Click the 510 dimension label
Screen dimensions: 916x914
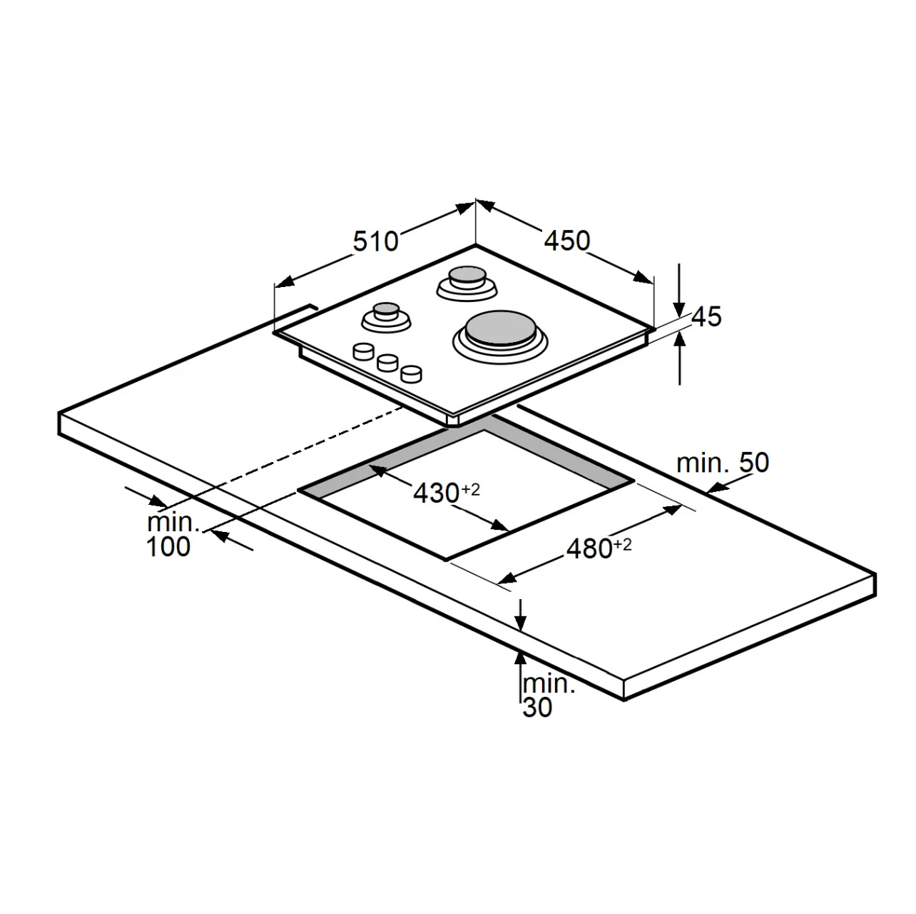[x=375, y=241]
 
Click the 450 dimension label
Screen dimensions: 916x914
[x=566, y=241]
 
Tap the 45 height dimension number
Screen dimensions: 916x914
[x=706, y=316]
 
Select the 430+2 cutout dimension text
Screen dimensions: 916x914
[x=447, y=493]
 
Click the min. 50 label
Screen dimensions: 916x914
[x=723, y=463]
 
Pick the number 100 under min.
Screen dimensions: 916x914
[x=169, y=547]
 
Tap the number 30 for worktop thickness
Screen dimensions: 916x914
[x=537, y=708]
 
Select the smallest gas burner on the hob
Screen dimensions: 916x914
[x=386, y=317]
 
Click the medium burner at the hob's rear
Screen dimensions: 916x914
[x=467, y=283]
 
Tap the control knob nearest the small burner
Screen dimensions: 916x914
[x=364, y=352]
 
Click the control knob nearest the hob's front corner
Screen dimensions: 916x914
[x=411, y=374]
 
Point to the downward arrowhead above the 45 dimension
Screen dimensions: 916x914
[x=680, y=309]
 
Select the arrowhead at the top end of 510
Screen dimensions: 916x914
[x=464, y=209]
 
